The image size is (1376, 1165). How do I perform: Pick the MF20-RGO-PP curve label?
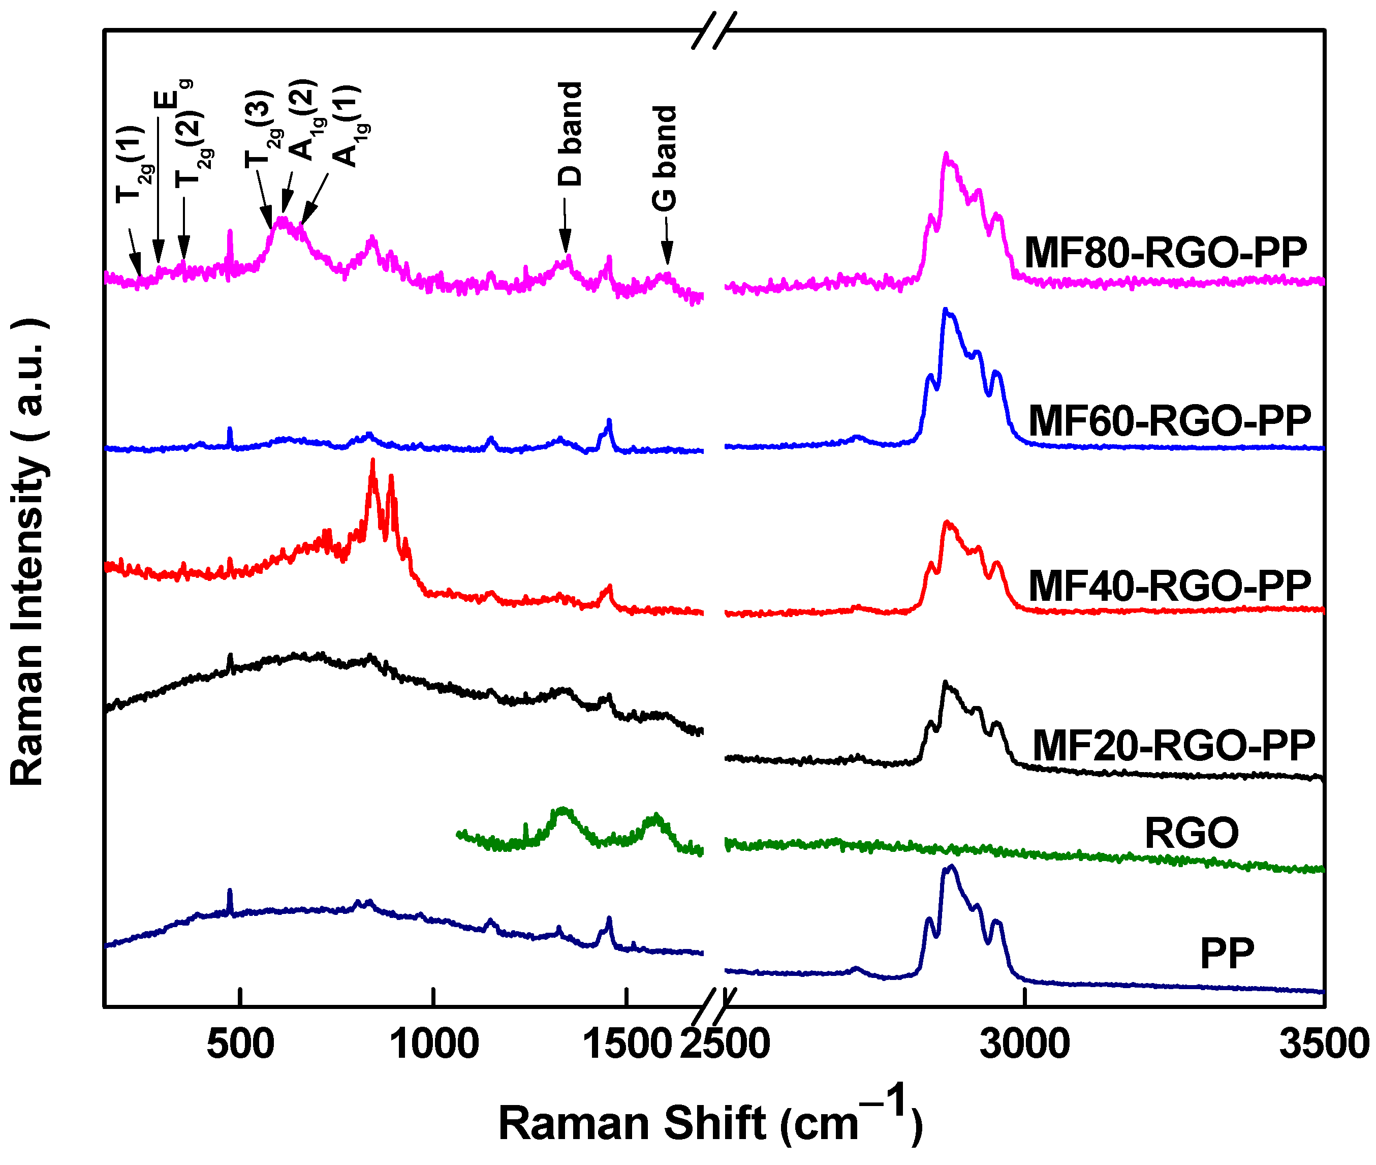(1173, 746)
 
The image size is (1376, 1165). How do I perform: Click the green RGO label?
(1191, 834)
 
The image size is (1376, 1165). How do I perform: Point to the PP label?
(1226, 954)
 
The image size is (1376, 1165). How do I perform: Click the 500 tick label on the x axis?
(240, 1044)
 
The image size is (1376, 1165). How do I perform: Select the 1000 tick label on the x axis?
(434, 1044)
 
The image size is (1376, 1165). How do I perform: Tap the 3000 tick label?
(1024, 1044)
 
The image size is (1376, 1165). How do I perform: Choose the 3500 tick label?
(1323, 1044)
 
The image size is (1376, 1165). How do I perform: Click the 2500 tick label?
(725, 1044)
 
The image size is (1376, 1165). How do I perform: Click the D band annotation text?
(570, 134)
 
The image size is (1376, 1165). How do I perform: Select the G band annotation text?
(665, 159)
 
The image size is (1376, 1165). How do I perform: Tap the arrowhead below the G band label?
(667, 254)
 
